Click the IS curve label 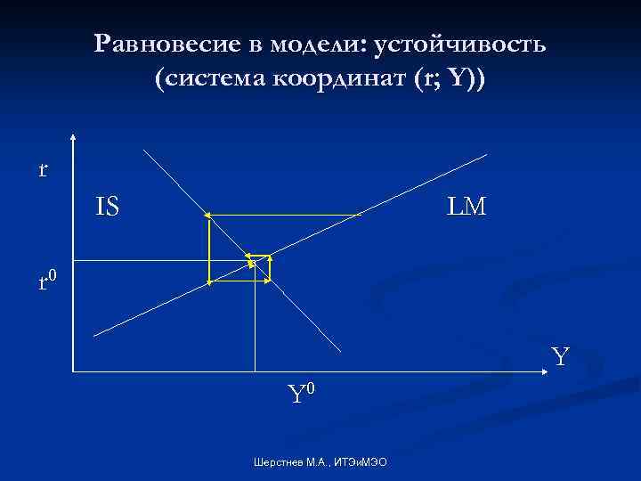point(108,208)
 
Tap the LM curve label point(467,208)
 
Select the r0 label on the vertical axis point(47,282)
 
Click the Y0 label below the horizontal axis point(301,392)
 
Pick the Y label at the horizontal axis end point(560,357)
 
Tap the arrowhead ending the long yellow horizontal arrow point(207,216)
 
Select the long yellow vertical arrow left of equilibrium point(208,249)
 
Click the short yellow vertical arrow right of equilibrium point(270,268)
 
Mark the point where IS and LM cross point(255,260)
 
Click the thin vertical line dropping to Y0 point(255,321)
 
